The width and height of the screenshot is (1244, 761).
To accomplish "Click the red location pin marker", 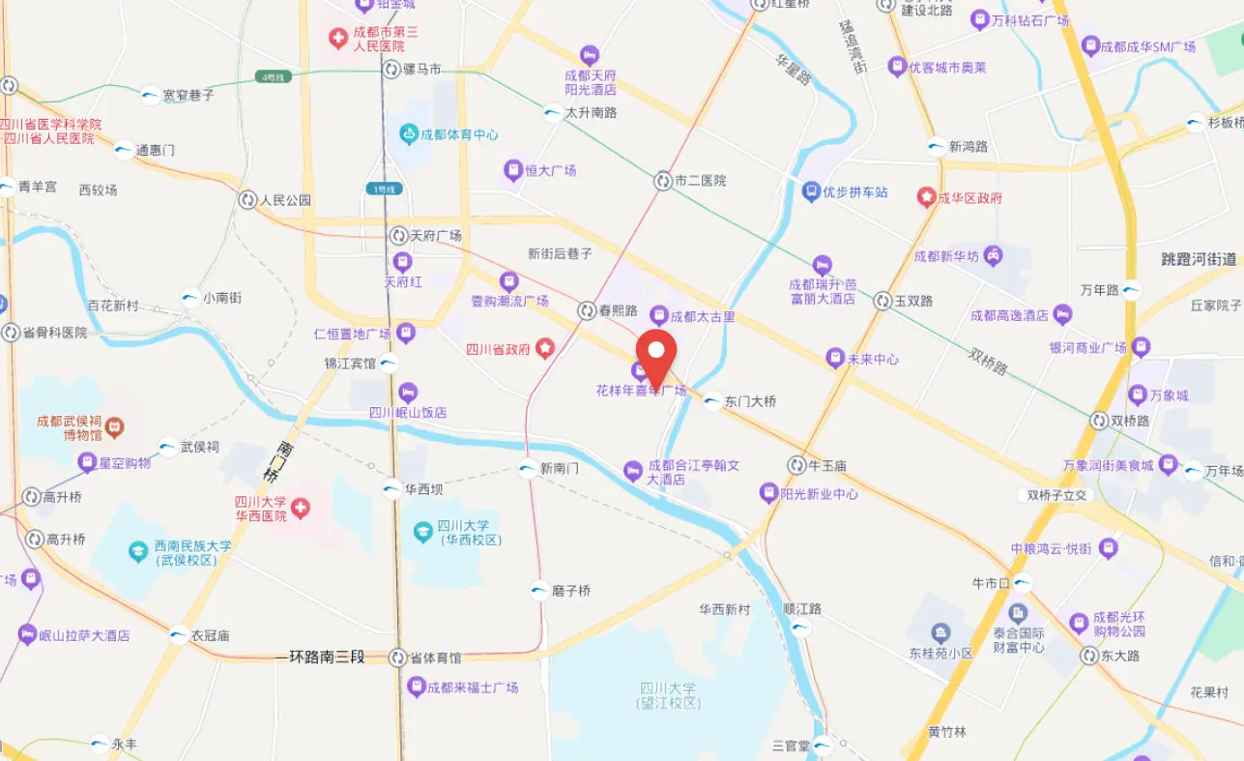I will pyautogui.click(x=659, y=356).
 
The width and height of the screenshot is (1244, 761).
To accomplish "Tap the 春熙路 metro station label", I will pyautogui.click(x=620, y=311).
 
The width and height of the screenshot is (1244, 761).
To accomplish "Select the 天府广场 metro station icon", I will pyautogui.click(x=398, y=236).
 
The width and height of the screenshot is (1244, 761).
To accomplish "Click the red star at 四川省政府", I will pyautogui.click(x=545, y=348).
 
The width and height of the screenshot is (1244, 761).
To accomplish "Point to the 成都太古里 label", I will pyautogui.click(x=703, y=316).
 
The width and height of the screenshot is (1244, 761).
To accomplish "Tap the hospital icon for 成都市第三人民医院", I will pyautogui.click(x=337, y=39).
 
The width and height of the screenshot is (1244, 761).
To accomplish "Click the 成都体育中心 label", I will pyautogui.click(x=460, y=134).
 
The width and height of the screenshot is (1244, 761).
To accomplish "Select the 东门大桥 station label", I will pyautogui.click(x=750, y=401).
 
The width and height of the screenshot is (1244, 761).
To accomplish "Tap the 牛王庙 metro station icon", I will pyautogui.click(x=796, y=465).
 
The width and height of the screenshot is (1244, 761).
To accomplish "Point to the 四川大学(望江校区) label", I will pyautogui.click(x=668, y=695).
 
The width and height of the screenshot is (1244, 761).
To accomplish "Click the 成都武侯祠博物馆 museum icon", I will pyautogui.click(x=114, y=425).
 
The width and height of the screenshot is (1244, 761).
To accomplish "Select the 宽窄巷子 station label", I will pyautogui.click(x=188, y=96).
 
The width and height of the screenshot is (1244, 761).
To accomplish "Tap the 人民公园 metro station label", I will pyautogui.click(x=286, y=200).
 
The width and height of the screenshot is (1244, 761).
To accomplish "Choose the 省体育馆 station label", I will pyautogui.click(x=436, y=658).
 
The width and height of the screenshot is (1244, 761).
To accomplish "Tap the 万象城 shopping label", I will pyautogui.click(x=1172, y=395).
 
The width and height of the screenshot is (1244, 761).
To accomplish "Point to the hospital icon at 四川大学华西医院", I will pyautogui.click(x=302, y=508).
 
